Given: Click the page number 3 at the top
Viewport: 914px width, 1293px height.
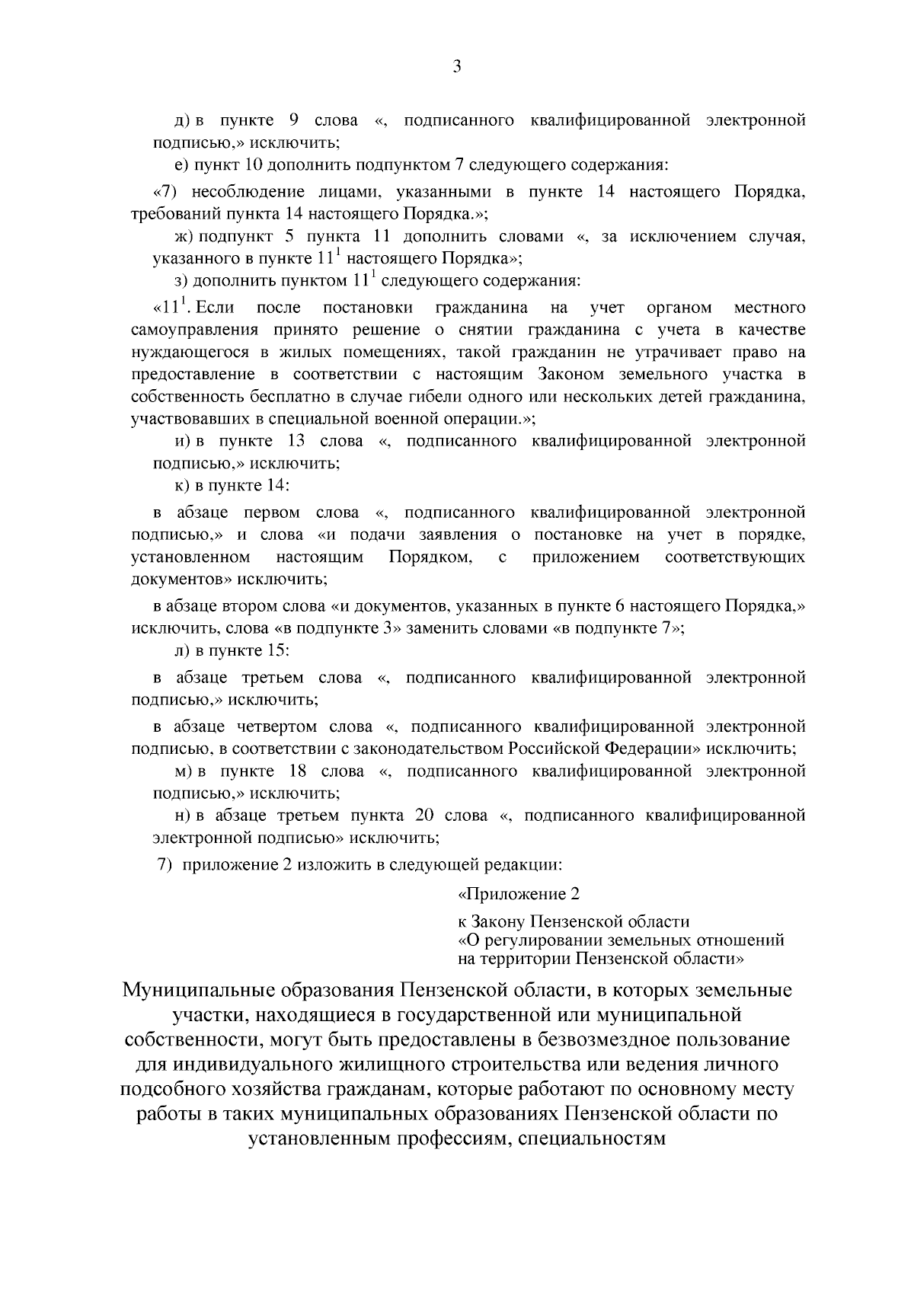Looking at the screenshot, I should tap(456, 67).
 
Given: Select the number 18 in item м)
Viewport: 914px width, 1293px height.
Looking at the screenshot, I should tap(298, 771).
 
